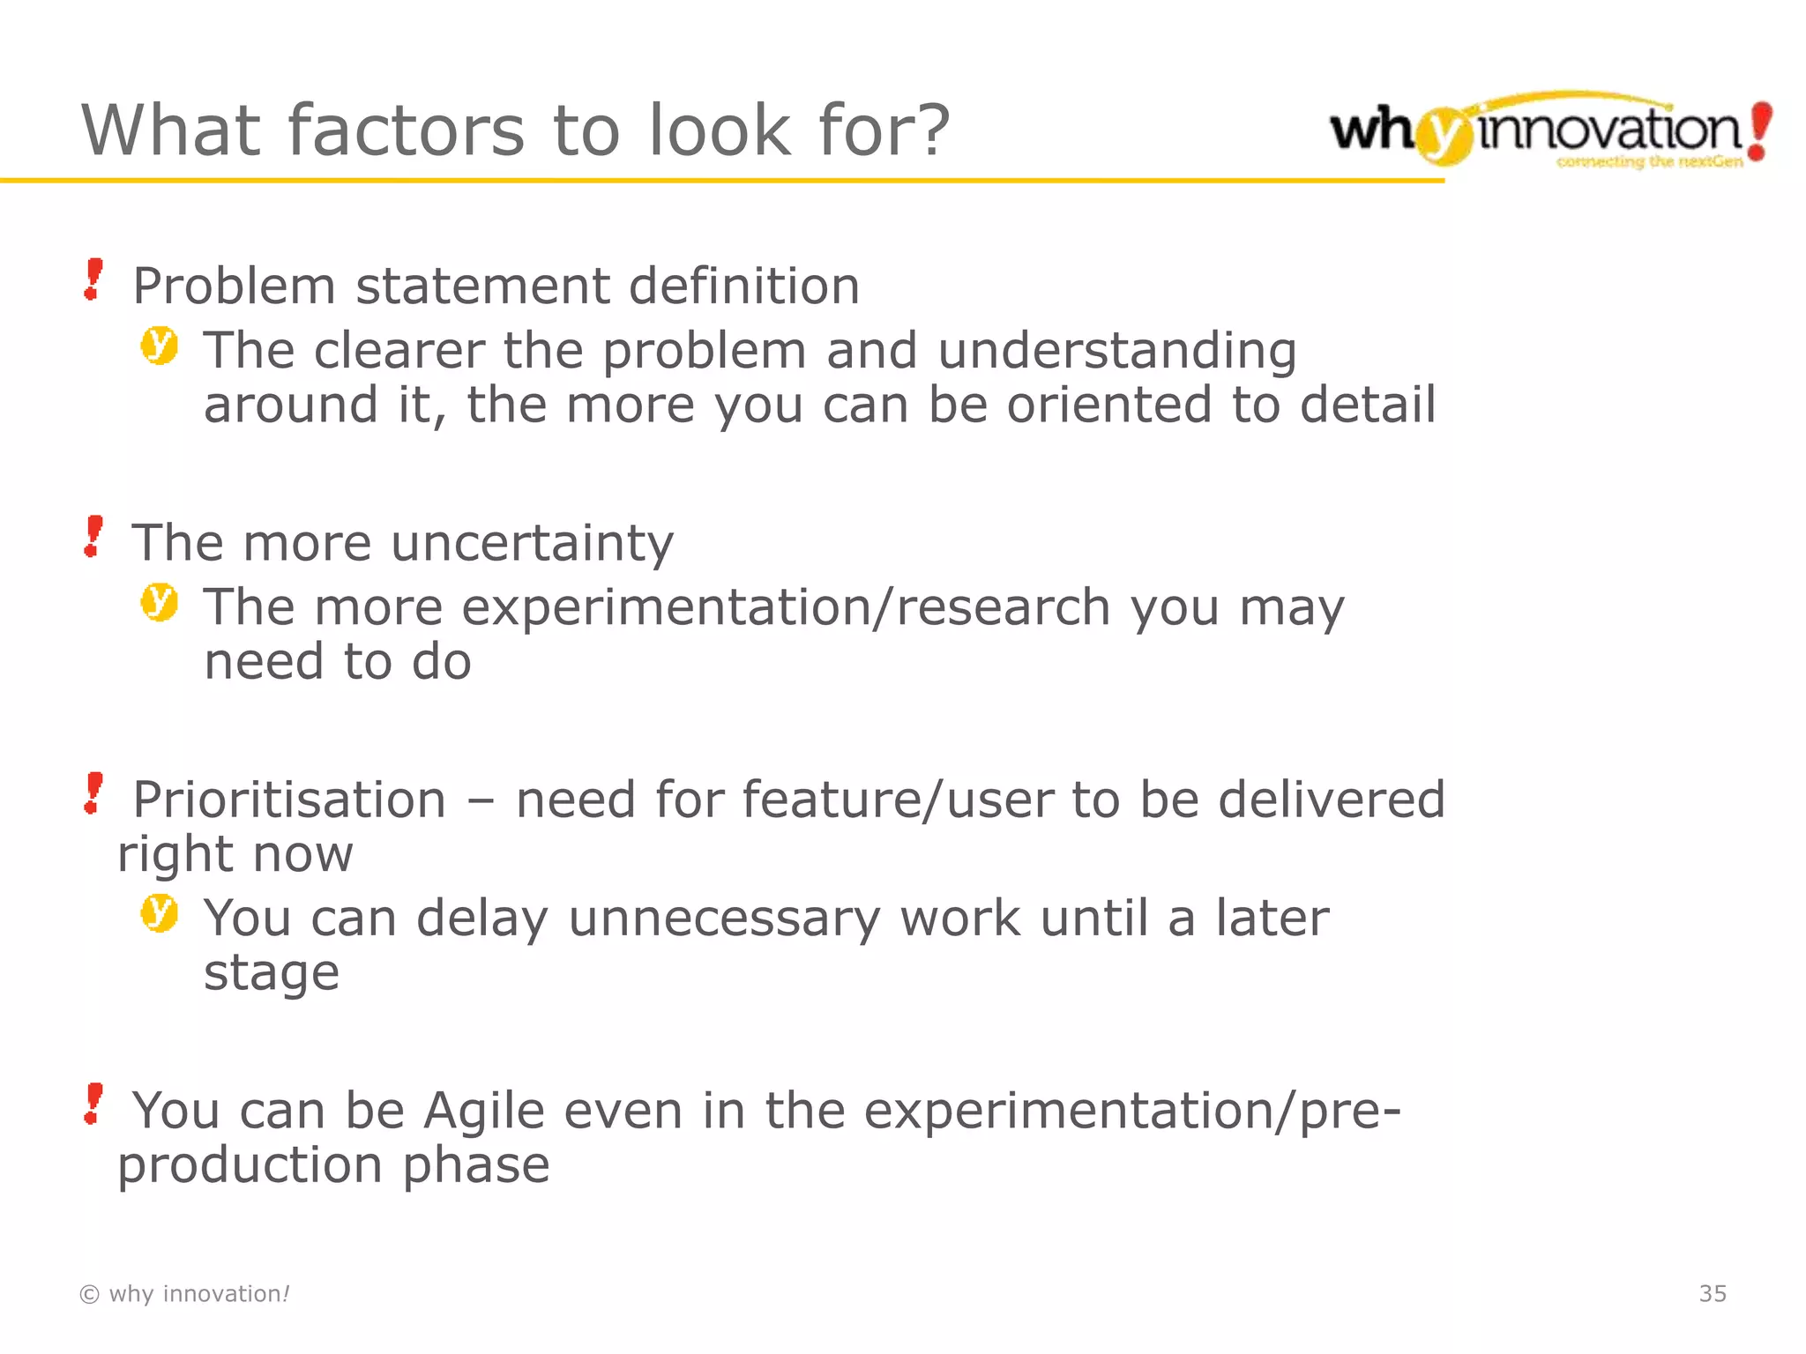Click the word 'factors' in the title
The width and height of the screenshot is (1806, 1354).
point(406,130)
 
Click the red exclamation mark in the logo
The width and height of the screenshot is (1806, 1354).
point(1758,130)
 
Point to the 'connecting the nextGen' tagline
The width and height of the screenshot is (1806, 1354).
point(1649,162)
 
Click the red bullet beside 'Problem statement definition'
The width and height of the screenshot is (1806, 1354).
point(93,279)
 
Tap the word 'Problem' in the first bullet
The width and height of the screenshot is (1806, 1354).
point(235,286)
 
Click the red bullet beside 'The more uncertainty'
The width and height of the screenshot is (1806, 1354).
point(93,537)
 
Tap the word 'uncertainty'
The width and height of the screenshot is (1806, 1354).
point(533,543)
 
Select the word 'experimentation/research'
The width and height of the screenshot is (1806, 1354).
point(786,608)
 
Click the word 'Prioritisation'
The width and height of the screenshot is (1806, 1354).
point(289,800)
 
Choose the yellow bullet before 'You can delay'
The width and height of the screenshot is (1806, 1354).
point(159,913)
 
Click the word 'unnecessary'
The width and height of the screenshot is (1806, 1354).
point(724,919)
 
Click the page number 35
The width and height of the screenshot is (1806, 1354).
point(1713,1294)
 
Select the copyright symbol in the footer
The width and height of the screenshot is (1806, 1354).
point(89,1294)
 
